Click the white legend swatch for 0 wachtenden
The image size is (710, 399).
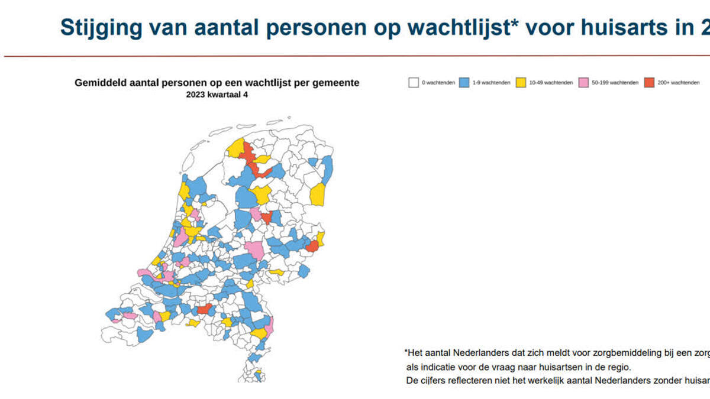414,83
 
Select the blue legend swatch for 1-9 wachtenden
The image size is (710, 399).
464,83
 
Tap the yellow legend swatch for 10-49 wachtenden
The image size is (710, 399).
521,83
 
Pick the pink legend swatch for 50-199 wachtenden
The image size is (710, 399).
585,83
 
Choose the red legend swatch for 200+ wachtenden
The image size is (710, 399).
650,83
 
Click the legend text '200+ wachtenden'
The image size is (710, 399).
679,83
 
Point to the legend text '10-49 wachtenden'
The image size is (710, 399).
551,83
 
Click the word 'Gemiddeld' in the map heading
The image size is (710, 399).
99,83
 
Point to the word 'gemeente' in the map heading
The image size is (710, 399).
337,83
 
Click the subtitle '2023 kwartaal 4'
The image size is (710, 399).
217,94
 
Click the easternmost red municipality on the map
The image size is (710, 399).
312,246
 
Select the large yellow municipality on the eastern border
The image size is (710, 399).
318,194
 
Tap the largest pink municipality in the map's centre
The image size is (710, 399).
255,249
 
